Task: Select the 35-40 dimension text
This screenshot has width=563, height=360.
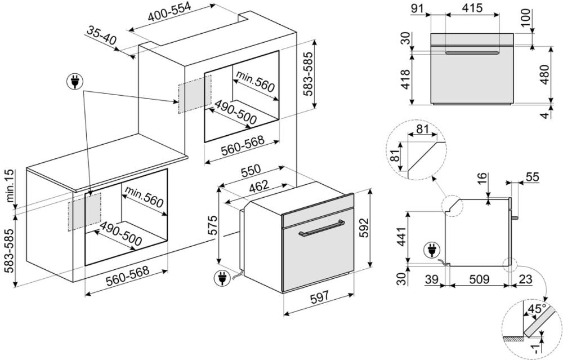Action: (102, 35)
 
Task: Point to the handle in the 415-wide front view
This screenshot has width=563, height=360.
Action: (471, 53)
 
